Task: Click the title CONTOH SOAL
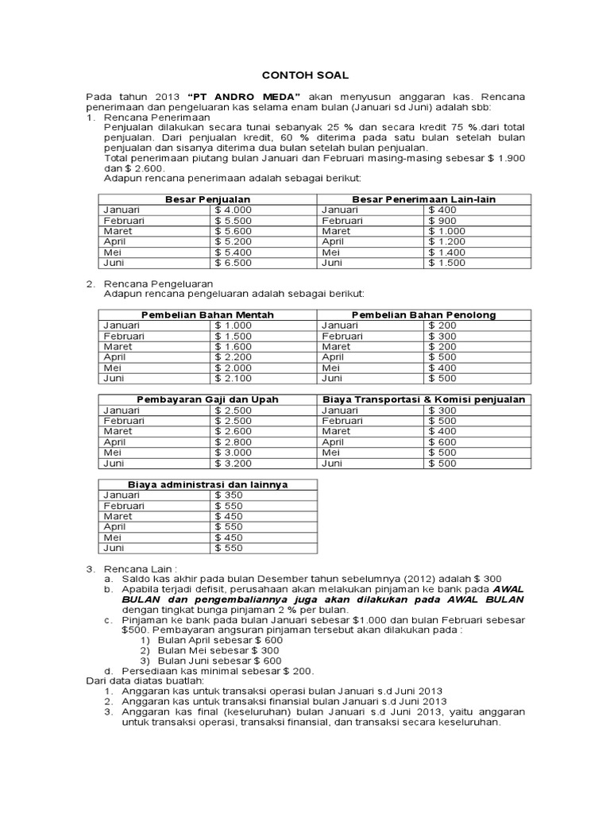point(305,74)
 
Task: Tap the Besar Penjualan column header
point(207,199)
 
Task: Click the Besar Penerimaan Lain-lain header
point(423,199)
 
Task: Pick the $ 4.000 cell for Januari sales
point(233,210)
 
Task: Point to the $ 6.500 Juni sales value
point(233,263)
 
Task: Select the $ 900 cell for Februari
point(442,221)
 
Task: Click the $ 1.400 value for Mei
point(446,252)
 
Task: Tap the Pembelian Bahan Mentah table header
point(207,315)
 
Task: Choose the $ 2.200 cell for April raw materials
point(233,357)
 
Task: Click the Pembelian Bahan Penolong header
point(423,315)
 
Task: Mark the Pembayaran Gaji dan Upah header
point(207,399)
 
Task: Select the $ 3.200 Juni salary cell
point(233,463)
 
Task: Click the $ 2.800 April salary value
point(233,441)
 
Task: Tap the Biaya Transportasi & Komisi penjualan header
point(423,399)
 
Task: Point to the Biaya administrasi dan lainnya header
point(207,484)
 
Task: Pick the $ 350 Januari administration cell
point(230,495)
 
